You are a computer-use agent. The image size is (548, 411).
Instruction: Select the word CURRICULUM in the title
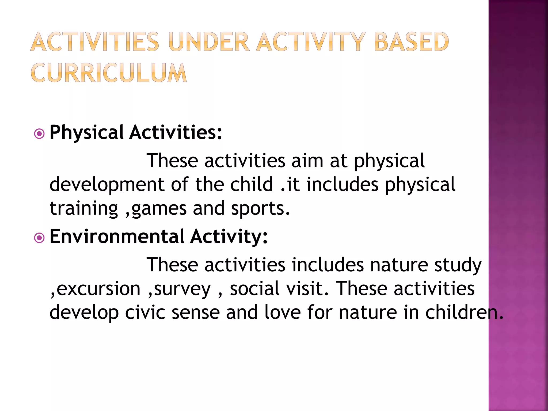pos(109,73)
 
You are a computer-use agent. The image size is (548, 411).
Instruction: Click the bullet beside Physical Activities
pos(40,134)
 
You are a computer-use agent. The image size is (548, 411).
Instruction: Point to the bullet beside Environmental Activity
pos(40,238)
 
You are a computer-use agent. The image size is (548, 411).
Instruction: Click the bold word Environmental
pos(117,237)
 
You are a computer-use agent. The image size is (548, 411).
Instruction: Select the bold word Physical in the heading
pos(86,133)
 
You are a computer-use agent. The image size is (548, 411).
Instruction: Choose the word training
pos(84,209)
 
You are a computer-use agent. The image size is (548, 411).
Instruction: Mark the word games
pos(159,209)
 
